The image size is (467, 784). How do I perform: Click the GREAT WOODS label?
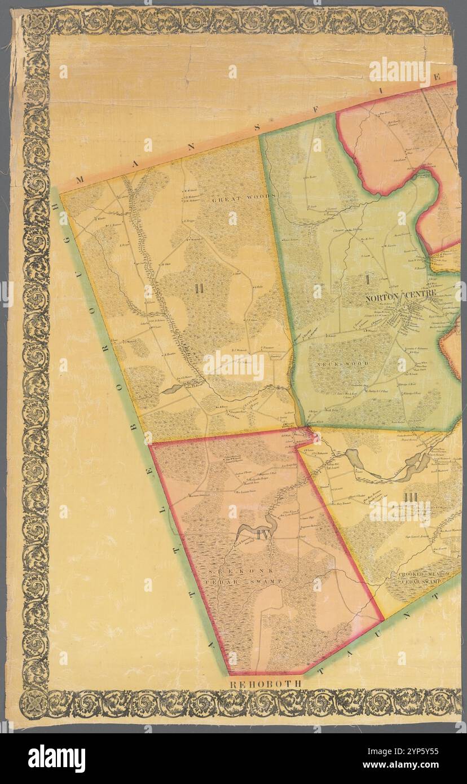(243, 199)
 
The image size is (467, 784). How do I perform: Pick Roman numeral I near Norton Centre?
(367, 279)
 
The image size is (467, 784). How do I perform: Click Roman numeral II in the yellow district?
(198, 289)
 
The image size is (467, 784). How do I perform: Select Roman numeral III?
(410, 496)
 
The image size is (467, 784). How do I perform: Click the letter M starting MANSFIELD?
(78, 180)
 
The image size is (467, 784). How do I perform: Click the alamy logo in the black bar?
(56, 758)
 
